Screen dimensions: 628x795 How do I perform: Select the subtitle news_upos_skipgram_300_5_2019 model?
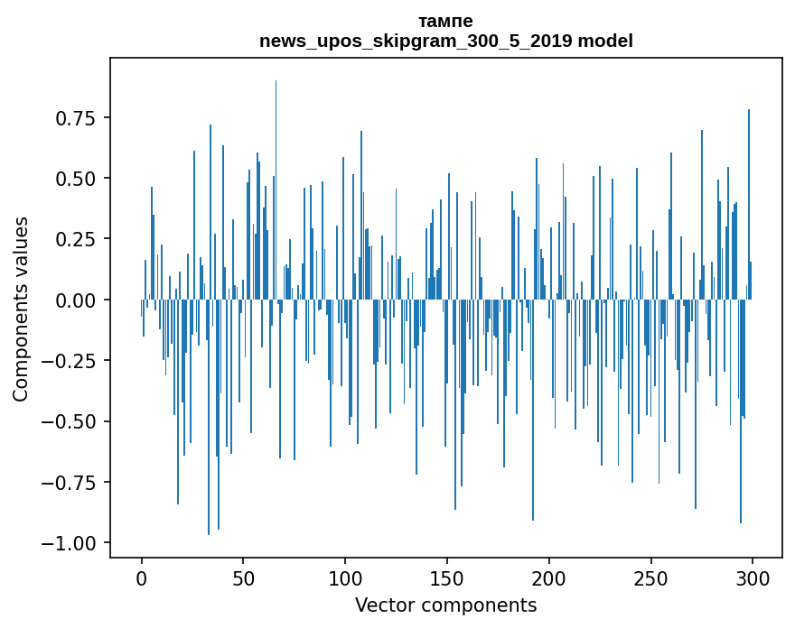coord(445,41)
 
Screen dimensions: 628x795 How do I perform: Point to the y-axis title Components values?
coord(20,309)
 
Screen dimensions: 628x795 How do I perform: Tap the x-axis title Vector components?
coord(445,605)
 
